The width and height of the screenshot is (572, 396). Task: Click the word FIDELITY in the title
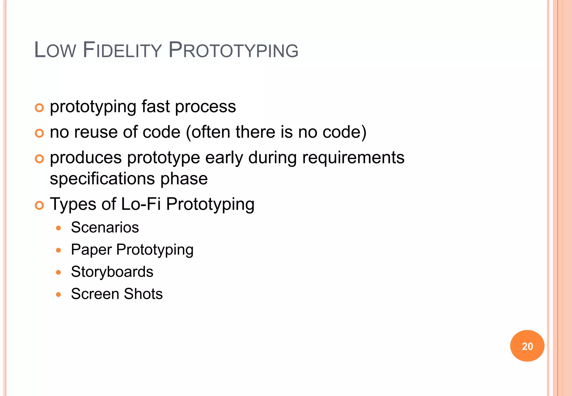[x=122, y=51]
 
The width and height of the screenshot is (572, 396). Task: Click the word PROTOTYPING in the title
[x=233, y=51]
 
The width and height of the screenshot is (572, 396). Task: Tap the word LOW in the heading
[x=55, y=51]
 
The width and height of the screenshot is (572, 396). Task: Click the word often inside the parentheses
[x=210, y=132]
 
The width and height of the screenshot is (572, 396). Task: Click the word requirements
[x=353, y=158]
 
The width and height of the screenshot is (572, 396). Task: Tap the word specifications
[x=102, y=179]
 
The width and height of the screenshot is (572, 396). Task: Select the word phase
[x=184, y=179]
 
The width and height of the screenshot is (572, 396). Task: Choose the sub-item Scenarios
[x=105, y=227]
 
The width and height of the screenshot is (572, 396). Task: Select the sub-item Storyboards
[x=112, y=272]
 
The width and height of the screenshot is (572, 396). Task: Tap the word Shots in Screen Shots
[x=143, y=294]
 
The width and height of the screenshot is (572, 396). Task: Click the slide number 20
[x=527, y=346]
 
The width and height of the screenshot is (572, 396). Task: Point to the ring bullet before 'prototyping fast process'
[x=39, y=108]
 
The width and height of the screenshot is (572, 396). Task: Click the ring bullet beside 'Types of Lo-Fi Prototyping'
[x=39, y=206]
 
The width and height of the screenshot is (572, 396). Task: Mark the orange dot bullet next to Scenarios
[x=58, y=228]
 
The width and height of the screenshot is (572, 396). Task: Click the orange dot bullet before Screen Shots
[x=58, y=294]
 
